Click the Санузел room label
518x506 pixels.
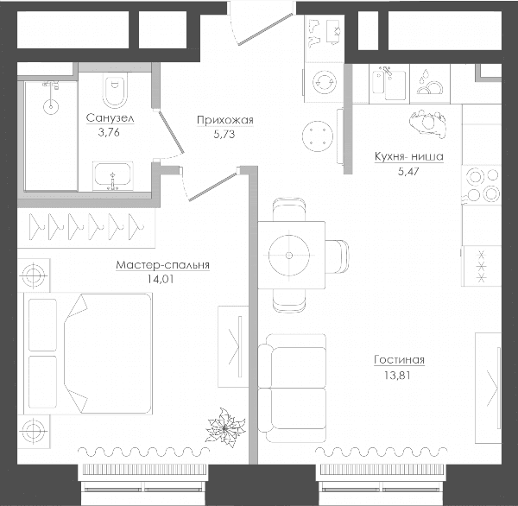pos(110,117)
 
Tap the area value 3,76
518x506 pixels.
pos(109,132)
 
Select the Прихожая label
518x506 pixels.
pos(225,120)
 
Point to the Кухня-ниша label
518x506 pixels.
pos(408,156)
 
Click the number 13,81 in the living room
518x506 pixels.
pos(397,376)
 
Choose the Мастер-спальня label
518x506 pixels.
pos(162,265)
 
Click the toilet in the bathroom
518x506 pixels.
pos(115,90)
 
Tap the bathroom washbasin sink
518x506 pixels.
pos(112,176)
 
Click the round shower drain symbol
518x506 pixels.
pos(51,106)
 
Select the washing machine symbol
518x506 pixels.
pos(325,82)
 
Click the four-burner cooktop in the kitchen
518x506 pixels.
pos(483,185)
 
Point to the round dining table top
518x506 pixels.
pos(289,256)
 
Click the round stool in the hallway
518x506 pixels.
pos(318,136)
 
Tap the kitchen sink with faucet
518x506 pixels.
pos(388,84)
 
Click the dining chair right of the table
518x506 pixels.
pos(337,256)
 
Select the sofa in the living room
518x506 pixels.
pos(293,388)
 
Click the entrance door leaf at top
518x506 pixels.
pos(266,28)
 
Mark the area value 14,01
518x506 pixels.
pos(161,280)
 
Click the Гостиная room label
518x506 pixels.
pos(399,360)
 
